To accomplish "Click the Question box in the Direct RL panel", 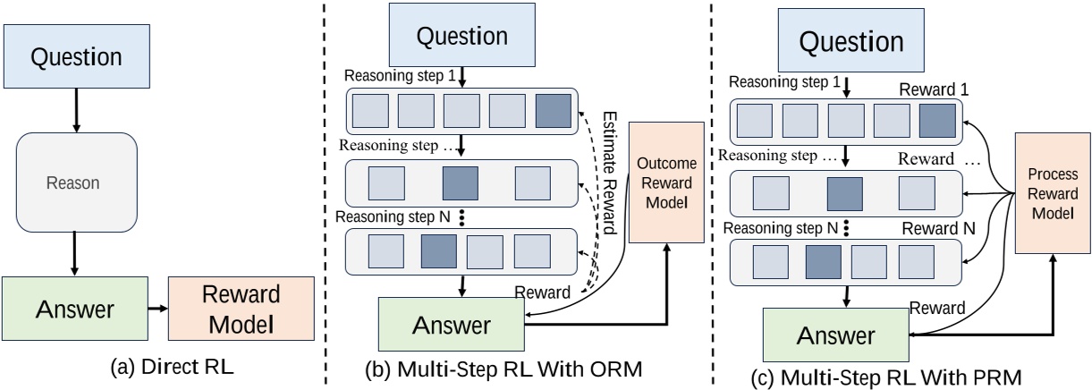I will click(x=75, y=57).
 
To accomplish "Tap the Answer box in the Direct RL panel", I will click(x=75, y=309).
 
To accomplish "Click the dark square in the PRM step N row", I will click(x=824, y=265).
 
